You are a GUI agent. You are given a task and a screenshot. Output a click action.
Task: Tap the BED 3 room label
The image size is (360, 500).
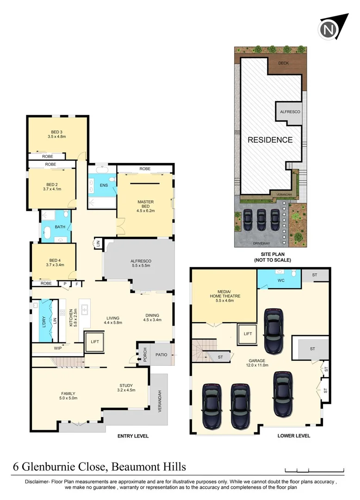click(x=57, y=132)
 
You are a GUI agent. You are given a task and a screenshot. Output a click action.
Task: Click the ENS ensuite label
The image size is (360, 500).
click(x=104, y=185)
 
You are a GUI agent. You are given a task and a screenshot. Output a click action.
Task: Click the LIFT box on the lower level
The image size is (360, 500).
click(x=248, y=333)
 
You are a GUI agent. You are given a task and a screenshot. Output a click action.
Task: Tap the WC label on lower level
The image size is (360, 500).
click(x=280, y=281)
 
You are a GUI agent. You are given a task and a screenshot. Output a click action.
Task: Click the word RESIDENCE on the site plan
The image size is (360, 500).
click(x=270, y=140)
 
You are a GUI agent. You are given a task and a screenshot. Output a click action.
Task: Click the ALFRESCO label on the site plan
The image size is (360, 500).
click(x=290, y=112)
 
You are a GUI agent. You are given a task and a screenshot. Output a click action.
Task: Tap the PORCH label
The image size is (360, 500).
click(x=145, y=355)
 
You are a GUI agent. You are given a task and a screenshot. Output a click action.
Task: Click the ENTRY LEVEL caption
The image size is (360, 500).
click(x=133, y=436)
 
